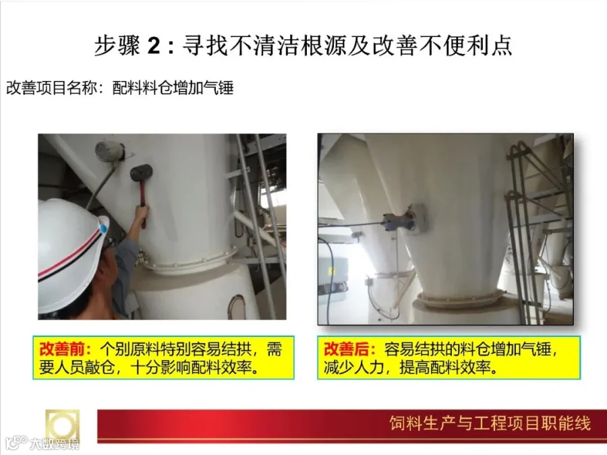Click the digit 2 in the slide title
(154, 46)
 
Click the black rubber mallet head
(141, 173)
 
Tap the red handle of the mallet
(143, 200)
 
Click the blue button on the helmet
(104, 229)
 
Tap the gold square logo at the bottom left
(62, 425)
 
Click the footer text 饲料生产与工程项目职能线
(490, 423)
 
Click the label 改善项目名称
(51, 88)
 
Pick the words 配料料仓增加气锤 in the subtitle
(173, 88)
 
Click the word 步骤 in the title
(117, 46)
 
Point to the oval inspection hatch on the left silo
(237, 307)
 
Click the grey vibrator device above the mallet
(109, 152)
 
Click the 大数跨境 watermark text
(55, 444)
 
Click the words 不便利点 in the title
(465, 46)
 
